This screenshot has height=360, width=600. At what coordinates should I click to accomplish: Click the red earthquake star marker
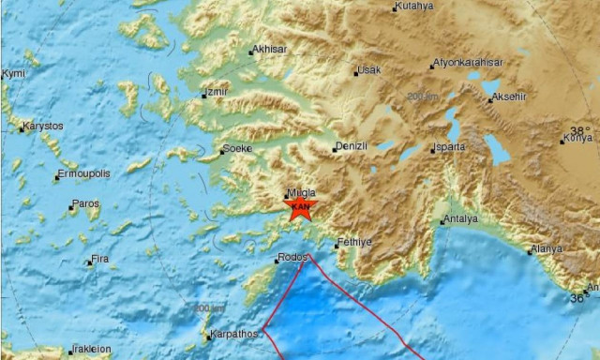301,207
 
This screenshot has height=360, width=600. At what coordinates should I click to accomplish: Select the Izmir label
216,92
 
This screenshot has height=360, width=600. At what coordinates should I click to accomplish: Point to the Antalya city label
461,219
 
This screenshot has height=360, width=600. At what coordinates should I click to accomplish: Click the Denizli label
351,146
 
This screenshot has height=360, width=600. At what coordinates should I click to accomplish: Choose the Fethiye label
354,241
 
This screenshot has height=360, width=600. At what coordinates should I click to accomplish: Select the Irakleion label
91,350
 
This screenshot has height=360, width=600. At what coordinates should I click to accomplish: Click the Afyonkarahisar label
468,63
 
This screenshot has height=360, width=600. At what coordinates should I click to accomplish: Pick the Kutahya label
415,7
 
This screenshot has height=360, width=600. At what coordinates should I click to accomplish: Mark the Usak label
369,70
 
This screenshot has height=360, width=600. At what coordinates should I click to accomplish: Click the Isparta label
446,148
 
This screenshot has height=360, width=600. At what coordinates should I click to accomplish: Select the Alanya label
545,249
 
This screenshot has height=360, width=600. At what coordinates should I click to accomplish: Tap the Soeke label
236,149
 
